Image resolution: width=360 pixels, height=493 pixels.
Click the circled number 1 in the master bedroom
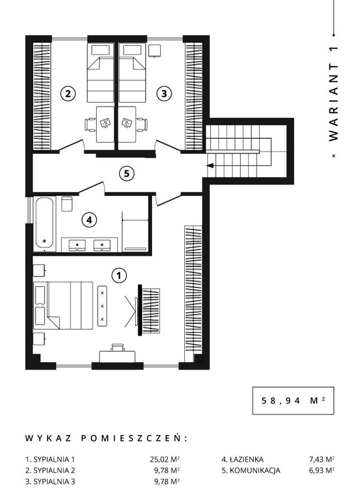(x=119, y=275)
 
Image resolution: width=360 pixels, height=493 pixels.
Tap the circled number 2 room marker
(x=68, y=93)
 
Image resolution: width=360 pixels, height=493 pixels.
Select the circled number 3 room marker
(x=164, y=93)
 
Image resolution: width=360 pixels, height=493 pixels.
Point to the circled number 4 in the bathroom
(x=89, y=220)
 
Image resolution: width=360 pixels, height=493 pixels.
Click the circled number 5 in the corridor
(x=126, y=173)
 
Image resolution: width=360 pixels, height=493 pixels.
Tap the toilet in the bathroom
(x=67, y=204)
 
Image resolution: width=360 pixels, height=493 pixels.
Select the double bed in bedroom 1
(x=63, y=306)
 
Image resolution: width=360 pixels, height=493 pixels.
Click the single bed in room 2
(x=100, y=73)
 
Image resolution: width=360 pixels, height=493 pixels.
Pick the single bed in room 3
(x=132, y=73)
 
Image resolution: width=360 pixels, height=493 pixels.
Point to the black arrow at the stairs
(x=210, y=166)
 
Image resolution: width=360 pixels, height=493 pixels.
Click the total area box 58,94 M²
(x=293, y=401)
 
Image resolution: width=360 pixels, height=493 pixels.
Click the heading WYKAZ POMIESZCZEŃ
(x=106, y=438)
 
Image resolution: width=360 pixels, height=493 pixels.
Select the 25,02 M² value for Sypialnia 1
(x=165, y=459)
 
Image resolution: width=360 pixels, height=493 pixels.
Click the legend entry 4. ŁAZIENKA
(x=242, y=459)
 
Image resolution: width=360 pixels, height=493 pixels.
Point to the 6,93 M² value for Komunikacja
(x=321, y=471)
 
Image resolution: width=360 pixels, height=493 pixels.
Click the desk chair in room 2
(x=91, y=125)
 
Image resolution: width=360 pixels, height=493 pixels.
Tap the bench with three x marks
(x=102, y=306)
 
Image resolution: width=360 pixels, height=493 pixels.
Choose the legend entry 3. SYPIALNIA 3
(x=50, y=482)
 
